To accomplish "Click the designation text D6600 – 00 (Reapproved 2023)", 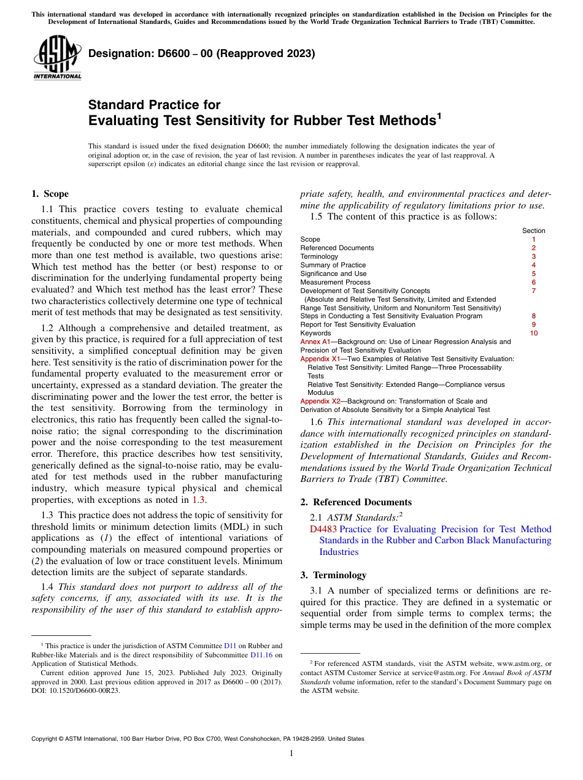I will [x=202, y=54].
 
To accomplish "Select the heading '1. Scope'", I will [x=50, y=194].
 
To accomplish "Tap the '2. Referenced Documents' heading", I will [x=355, y=502].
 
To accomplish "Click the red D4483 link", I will [x=323, y=529].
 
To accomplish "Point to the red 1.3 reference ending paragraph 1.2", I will [x=198, y=500].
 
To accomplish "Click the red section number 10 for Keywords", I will [x=533, y=333].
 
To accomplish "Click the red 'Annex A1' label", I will [x=315, y=342].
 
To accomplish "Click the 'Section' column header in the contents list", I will [x=533, y=231].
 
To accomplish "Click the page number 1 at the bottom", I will [x=291, y=753].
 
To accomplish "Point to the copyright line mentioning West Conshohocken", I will [x=198, y=739].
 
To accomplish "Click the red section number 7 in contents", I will [x=533, y=291].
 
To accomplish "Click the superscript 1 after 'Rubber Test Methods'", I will [x=438, y=115].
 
